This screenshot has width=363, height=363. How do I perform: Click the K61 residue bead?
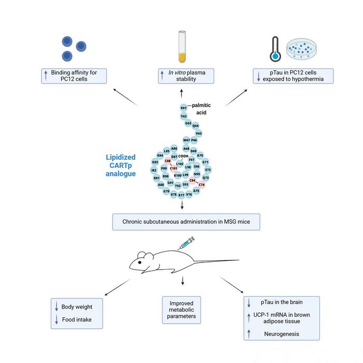click(183, 108)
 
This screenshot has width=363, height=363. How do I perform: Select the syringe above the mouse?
click(186, 243)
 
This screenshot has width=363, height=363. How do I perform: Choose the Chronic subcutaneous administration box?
click(186, 222)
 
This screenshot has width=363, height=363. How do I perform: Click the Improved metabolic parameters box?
click(181, 310)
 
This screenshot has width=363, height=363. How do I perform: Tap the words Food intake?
click(76, 320)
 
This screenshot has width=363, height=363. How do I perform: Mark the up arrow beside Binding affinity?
click(45, 76)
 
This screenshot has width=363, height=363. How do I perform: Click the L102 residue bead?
click(180, 163)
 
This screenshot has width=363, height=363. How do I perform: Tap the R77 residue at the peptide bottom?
click(181, 196)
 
